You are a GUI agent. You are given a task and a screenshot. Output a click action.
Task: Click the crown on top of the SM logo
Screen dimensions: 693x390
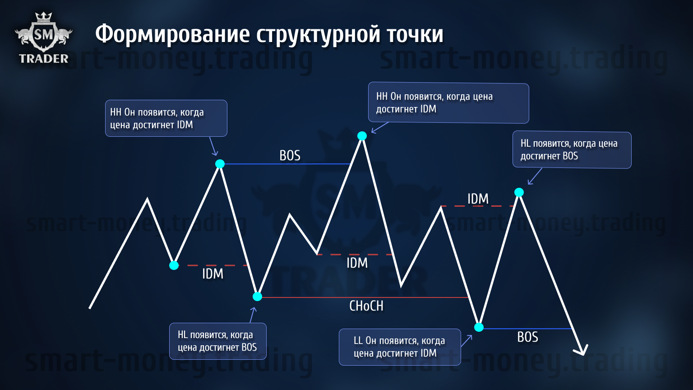[x=43, y=17]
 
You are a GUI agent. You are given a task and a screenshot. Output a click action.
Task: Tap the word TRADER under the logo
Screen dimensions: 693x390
[x=44, y=59]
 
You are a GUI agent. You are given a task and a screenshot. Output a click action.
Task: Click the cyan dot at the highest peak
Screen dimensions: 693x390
[x=362, y=135]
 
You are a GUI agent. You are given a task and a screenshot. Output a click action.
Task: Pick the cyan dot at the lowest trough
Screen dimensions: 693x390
[x=479, y=327]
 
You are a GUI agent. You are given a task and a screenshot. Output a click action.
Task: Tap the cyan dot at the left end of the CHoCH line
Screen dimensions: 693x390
[x=258, y=297]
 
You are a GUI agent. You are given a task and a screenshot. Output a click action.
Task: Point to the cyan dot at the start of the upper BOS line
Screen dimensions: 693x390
[x=220, y=164]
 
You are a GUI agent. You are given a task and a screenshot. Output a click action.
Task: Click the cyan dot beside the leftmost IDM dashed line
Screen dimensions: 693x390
[x=174, y=265]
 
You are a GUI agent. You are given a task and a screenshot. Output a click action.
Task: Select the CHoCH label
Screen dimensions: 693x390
[x=366, y=306]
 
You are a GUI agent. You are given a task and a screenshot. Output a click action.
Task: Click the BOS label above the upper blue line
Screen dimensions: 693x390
[x=290, y=156]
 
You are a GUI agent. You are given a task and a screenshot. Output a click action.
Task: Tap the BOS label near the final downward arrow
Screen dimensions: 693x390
[x=528, y=337]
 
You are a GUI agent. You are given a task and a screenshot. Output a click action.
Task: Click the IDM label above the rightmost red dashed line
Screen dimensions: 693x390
[x=478, y=199]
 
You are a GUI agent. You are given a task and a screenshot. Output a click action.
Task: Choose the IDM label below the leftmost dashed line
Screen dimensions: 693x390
[x=213, y=274]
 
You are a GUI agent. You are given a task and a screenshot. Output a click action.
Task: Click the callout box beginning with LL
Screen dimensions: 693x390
[x=400, y=347]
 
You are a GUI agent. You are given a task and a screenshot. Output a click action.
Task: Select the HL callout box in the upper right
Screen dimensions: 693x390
[x=572, y=150]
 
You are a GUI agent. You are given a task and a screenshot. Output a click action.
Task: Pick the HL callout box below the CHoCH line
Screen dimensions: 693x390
[x=218, y=341]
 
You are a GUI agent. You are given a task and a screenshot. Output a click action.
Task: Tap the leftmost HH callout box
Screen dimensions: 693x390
[x=166, y=118]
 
